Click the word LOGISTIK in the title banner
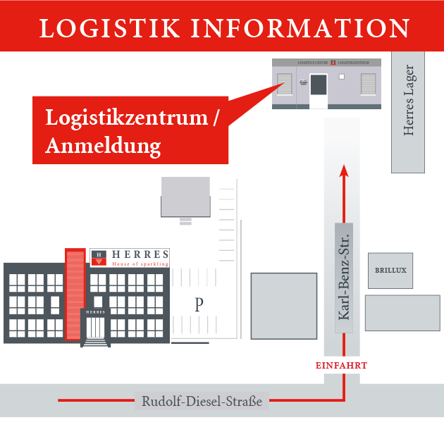110,27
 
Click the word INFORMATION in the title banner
301,27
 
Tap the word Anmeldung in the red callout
103,146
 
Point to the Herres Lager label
409,101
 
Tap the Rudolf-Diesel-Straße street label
202,402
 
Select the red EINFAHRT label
341,366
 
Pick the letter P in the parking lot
199,304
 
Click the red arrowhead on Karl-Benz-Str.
343,170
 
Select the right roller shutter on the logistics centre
369,84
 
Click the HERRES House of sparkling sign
130,258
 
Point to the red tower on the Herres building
75,292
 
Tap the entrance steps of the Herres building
96,342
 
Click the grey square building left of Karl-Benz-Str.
284,306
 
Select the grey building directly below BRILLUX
402,313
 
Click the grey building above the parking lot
185,196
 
